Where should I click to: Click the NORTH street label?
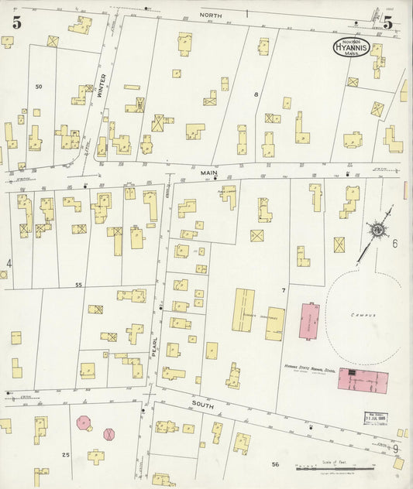210,15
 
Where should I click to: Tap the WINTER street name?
101,85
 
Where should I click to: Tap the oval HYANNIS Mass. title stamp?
352,47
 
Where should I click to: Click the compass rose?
377,229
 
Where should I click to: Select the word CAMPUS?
362,316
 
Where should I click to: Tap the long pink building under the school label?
364,379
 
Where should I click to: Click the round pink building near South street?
84,423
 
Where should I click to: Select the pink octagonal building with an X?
109,434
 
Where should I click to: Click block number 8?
256,94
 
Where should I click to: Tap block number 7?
284,290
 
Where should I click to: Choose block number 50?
38,87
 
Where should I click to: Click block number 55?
78,286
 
